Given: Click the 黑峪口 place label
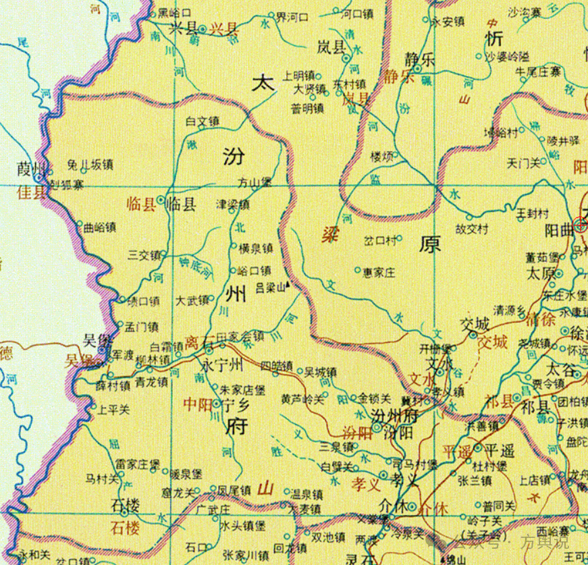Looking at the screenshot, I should (174, 13).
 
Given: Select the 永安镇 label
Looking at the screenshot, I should (447, 21).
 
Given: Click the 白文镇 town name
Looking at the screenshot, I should (203, 122).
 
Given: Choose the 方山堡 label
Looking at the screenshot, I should (255, 182).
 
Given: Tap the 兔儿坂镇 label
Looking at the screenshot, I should (90, 164).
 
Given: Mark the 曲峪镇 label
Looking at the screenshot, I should (100, 227).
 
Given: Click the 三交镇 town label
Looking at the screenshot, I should (143, 255).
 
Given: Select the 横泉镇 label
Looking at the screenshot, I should (255, 248).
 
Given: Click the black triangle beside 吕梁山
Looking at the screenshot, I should (288, 284).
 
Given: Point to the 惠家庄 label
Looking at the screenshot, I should (379, 271).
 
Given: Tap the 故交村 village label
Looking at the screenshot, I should (472, 229).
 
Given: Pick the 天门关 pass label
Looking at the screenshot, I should (524, 163).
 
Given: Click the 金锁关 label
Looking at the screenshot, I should (375, 398).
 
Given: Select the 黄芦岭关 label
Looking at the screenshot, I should (302, 399).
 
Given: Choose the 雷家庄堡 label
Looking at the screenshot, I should (137, 464).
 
